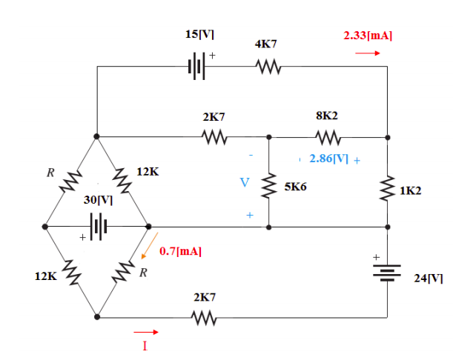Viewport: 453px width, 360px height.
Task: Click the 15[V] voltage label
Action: coord(200,35)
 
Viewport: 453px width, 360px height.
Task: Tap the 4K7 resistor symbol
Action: coord(266,67)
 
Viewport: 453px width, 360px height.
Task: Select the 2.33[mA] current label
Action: coord(368,35)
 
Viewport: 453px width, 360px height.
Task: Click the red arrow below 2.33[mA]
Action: coord(368,53)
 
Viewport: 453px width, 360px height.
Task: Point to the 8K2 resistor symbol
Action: coord(327,137)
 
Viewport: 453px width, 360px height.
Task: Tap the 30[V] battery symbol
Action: coord(97,226)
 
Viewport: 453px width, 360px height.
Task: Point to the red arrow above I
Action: coord(145,332)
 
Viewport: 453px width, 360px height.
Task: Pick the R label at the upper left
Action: coord(50,173)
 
